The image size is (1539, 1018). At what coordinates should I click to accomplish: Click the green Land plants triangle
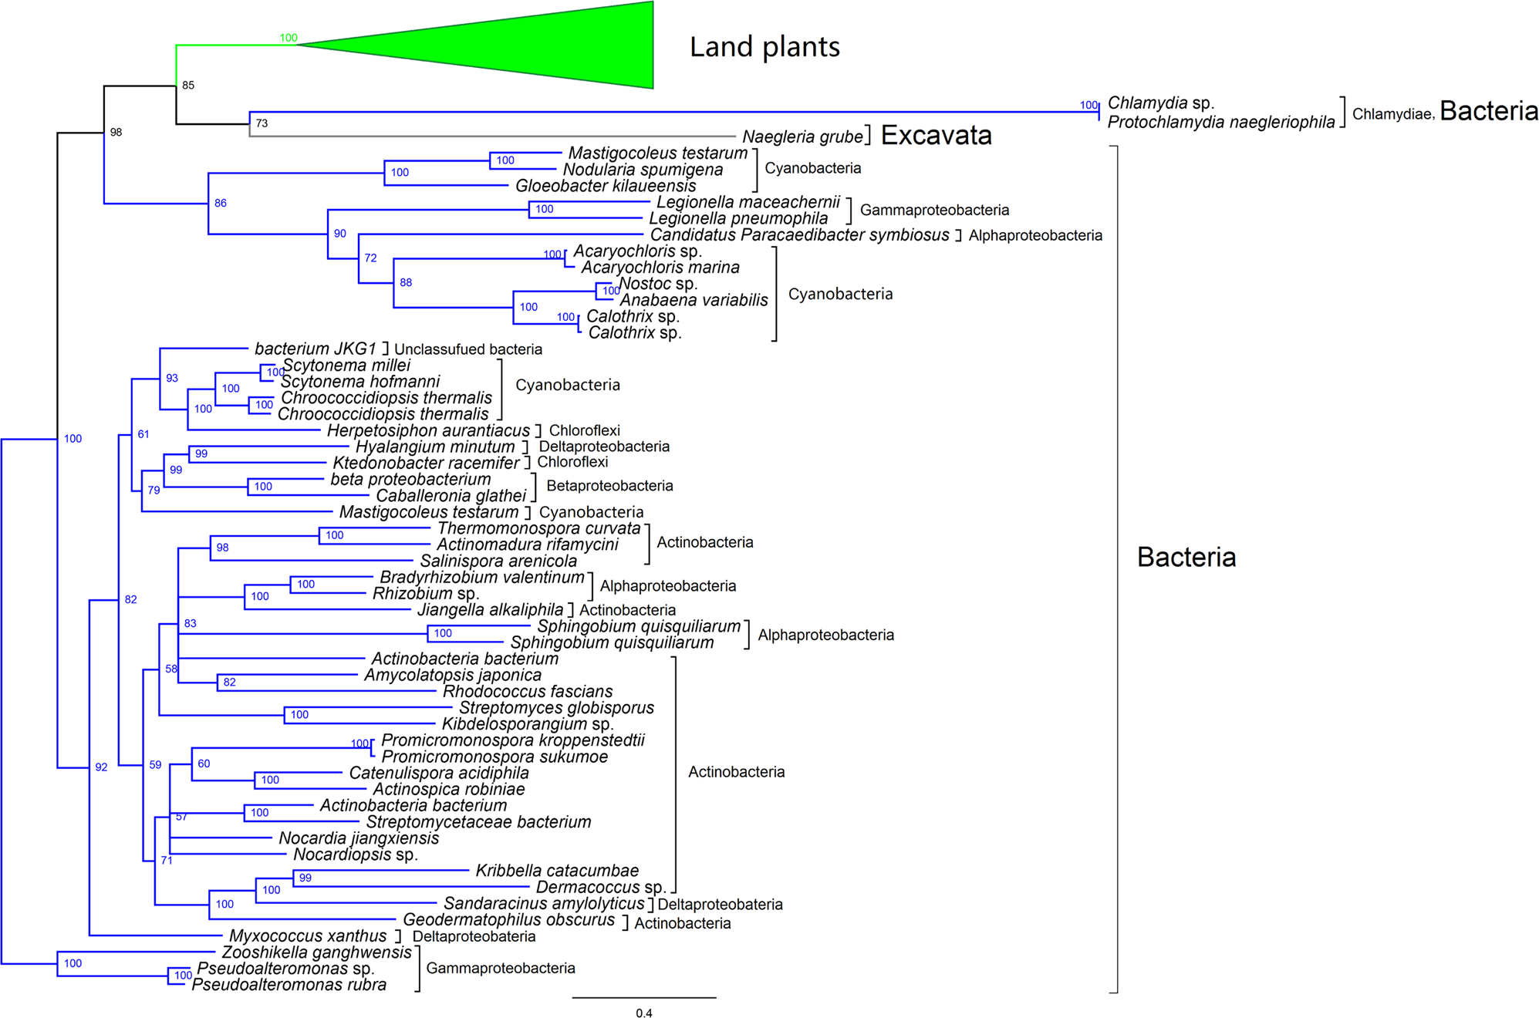(540, 46)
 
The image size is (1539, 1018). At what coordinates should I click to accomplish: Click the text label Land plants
(764, 47)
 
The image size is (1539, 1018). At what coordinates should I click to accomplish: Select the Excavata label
(936, 136)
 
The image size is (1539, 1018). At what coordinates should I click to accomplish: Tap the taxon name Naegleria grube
(802, 137)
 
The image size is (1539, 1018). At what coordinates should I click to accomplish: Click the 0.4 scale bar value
(643, 1013)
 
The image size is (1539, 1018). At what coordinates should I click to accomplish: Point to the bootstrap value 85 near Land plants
(188, 86)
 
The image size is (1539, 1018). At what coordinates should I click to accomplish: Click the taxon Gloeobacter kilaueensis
(606, 186)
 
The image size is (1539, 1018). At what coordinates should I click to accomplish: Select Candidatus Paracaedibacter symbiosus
(799, 235)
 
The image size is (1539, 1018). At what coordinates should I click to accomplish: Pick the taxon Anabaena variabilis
(694, 300)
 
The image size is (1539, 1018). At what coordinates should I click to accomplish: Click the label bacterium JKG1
(316, 349)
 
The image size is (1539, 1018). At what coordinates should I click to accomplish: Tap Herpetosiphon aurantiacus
(428, 430)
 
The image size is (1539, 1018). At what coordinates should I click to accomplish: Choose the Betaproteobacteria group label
(609, 486)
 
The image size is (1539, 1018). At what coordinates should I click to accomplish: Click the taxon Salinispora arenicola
(498, 561)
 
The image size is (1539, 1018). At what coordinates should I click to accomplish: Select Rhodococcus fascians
(528, 692)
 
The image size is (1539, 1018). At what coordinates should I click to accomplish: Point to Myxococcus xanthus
(308, 936)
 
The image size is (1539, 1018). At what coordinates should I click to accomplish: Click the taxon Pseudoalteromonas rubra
(289, 985)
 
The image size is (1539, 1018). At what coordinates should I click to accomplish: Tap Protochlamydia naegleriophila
(1220, 122)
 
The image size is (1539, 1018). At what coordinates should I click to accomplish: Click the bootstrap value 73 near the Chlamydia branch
(262, 123)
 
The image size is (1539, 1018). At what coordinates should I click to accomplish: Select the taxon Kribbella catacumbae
(557, 871)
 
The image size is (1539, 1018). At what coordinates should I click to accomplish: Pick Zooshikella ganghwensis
(316, 952)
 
